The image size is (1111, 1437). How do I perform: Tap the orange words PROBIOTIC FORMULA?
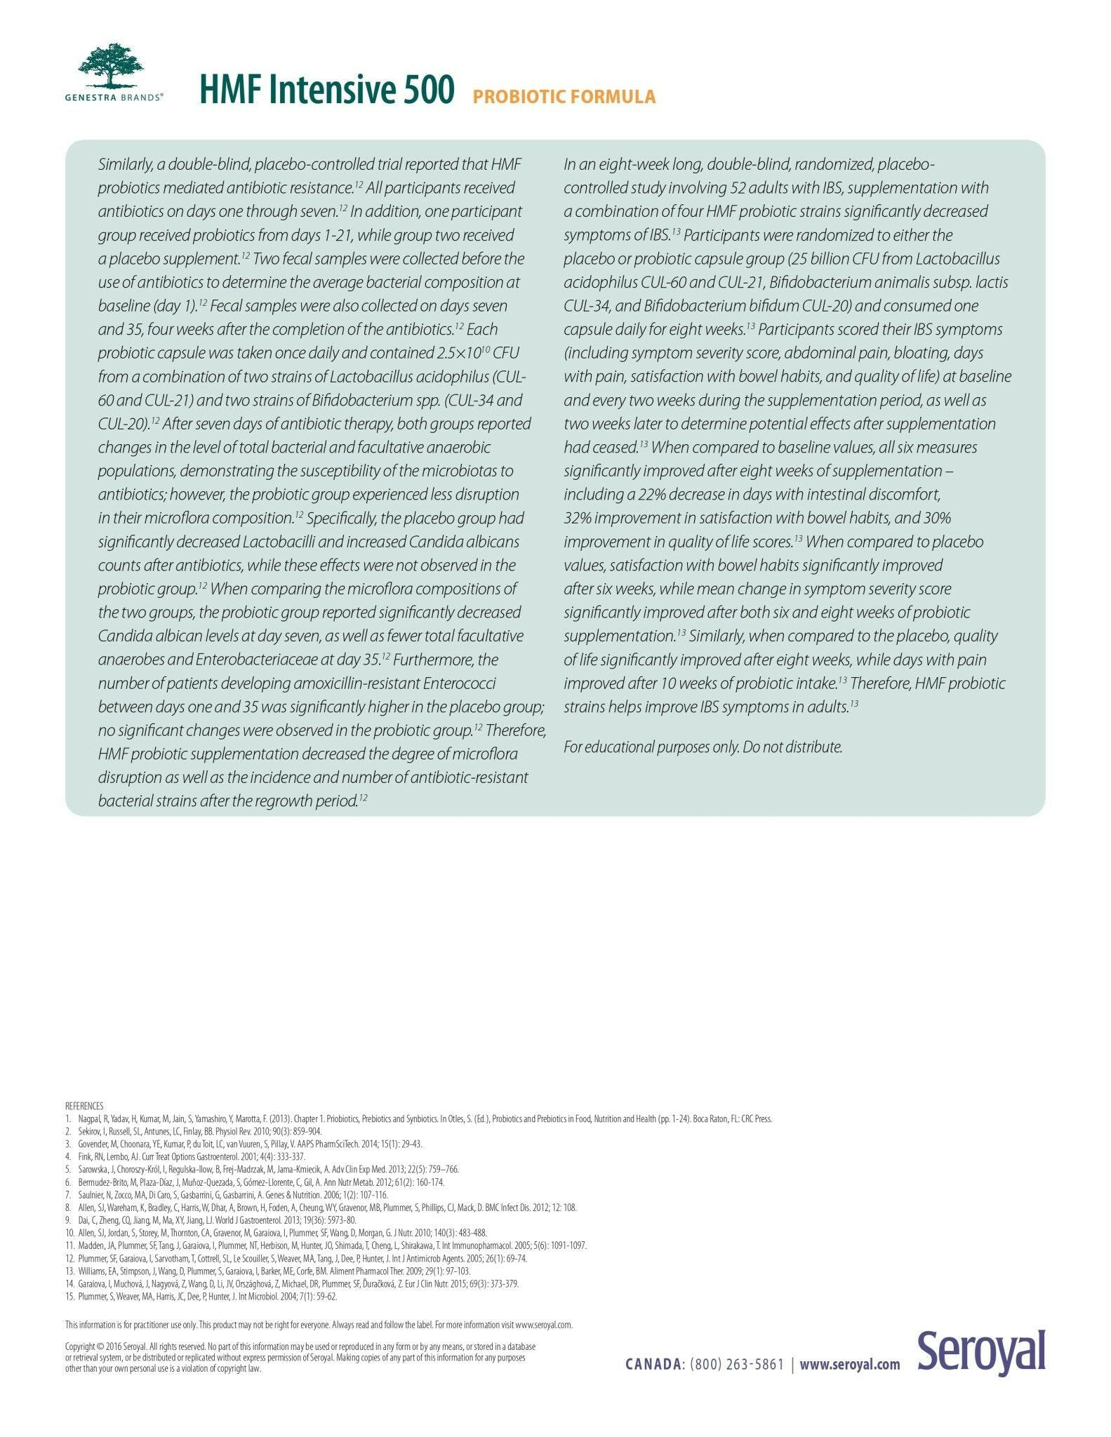coord(564,97)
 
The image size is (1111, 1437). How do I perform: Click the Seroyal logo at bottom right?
coord(980,1352)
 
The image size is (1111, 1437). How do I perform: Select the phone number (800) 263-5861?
coord(737,1365)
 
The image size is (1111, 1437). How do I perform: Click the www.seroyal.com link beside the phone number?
coord(849,1365)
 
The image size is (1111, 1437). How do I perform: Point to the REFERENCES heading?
coord(84,1106)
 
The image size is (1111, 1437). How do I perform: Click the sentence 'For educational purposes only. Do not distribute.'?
coord(703,747)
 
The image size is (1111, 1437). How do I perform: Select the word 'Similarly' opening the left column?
coord(125,165)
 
